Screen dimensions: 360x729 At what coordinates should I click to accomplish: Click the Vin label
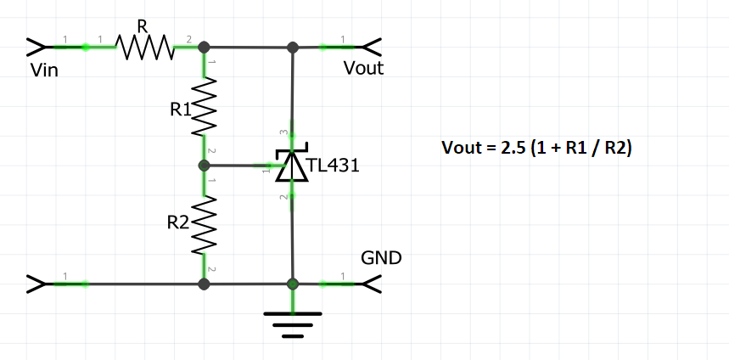(x=43, y=70)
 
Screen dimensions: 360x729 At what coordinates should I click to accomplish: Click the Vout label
(x=363, y=68)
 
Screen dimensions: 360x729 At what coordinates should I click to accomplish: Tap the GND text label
(x=381, y=257)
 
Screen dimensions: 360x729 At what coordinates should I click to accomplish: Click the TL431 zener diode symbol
(x=293, y=166)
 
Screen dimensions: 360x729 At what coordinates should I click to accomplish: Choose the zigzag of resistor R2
(x=205, y=225)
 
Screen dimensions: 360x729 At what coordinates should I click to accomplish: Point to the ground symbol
(x=293, y=323)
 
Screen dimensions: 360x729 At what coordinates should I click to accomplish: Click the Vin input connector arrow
(x=38, y=47)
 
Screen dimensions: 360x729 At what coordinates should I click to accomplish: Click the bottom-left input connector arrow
(x=38, y=284)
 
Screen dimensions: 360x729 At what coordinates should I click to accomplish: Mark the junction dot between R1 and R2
(x=204, y=166)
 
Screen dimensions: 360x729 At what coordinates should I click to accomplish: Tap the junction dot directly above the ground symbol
(x=293, y=284)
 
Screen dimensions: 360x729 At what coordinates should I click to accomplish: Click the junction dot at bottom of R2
(x=204, y=284)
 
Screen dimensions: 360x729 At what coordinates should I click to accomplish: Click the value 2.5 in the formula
(x=509, y=147)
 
